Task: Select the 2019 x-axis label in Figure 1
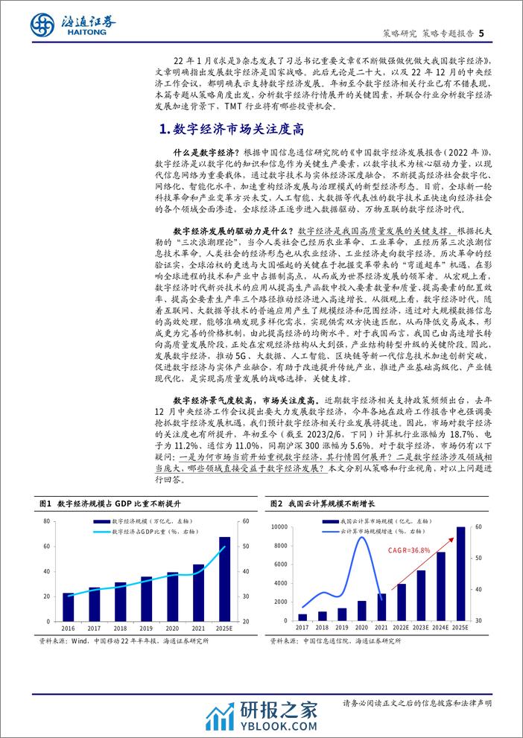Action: click(146, 629)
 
